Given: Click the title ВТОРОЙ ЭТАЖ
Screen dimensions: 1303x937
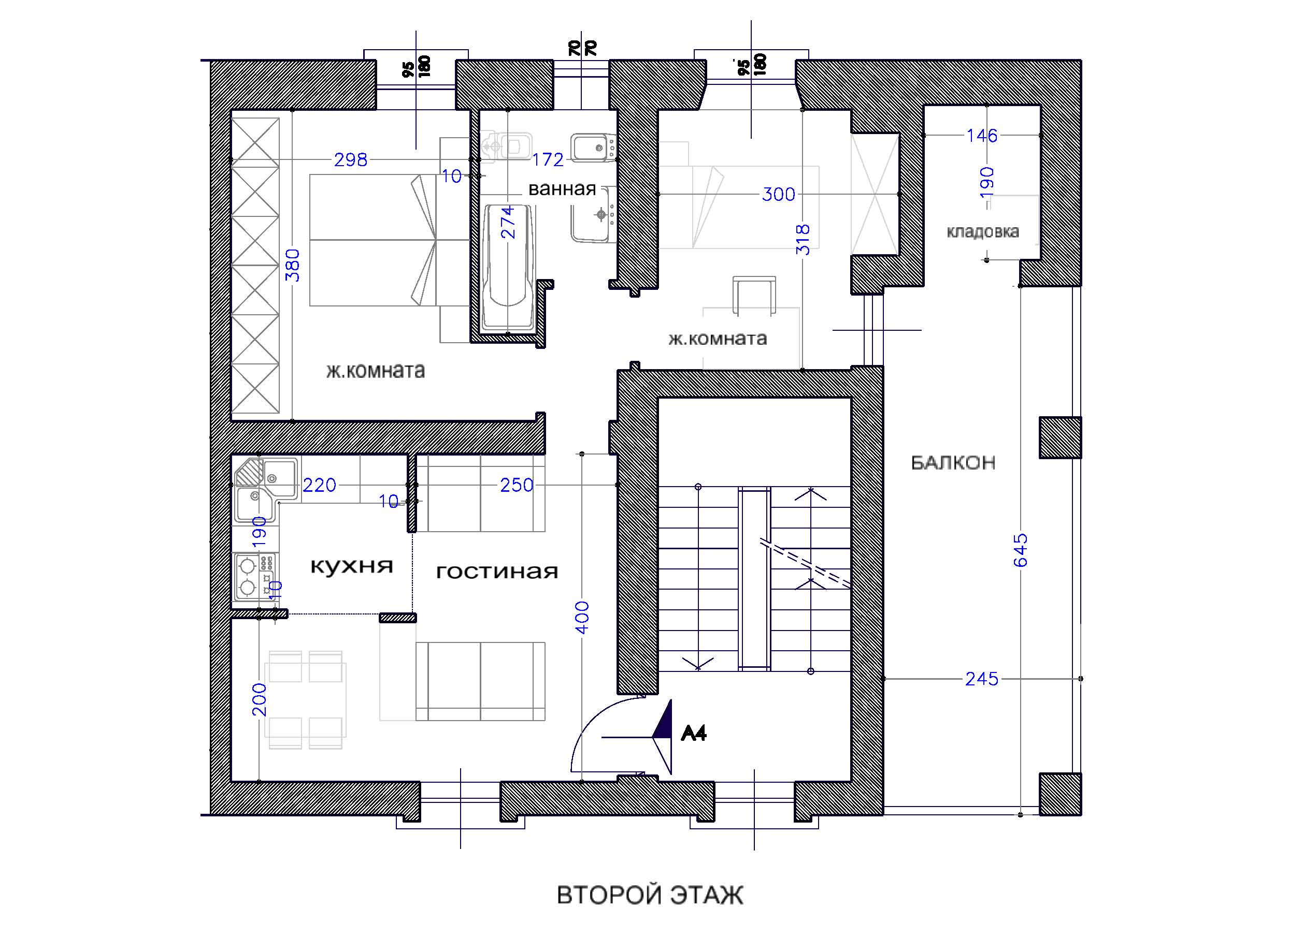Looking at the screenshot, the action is click(x=650, y=895).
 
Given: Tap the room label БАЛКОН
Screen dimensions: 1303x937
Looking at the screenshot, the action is click(x=953, y=463).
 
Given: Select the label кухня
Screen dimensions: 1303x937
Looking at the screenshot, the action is click(x=352, y=567).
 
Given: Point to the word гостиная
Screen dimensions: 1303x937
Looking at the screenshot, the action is click(x=497, y=572).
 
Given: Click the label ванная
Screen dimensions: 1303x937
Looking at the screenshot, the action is click(x=562, y=189).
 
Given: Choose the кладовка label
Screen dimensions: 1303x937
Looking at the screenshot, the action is click(x=982, y=232).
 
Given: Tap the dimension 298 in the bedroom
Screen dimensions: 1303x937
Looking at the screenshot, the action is click(x=350, y=159).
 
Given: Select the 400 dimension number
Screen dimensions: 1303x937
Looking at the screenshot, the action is click(x=582, y=617).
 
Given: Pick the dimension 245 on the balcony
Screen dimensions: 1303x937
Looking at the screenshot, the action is click(x=982, y=679).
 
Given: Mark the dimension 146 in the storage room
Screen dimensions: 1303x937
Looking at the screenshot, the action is click(x=982, y=136).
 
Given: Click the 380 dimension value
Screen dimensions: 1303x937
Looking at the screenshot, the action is click(x=293, y=265).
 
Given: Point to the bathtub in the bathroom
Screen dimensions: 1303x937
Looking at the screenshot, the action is click(x=507, y=269).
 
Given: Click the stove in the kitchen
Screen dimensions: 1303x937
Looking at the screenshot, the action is click(x=254, y=578).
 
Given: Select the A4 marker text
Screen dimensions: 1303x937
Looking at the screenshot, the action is click(x=693, y=733).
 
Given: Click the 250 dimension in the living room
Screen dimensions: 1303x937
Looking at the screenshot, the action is click(x=517, y=485).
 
